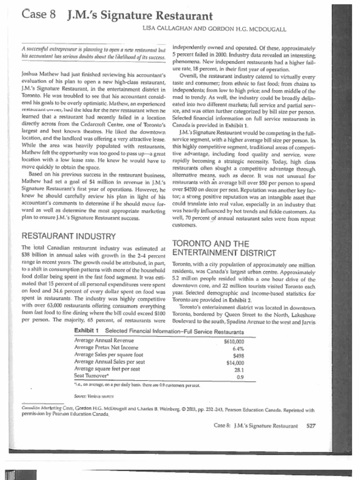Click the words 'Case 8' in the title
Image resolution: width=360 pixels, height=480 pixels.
(x=38, y=15)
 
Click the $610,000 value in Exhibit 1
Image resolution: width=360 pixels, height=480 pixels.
(x=234, y=341)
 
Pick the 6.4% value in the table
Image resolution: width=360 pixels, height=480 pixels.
(x=238, y=348)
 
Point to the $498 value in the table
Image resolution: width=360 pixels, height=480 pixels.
(x=239, y=355)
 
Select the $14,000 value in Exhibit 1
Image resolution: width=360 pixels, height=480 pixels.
(x=235, y=362)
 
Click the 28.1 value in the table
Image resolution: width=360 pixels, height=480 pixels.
(x=239, y=369)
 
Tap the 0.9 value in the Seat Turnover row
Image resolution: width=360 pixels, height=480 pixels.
(x=240, y=376)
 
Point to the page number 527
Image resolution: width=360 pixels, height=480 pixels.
(x=310, y=426)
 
